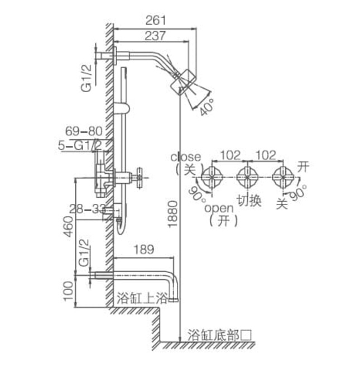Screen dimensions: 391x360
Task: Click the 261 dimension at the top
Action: click(156, 21)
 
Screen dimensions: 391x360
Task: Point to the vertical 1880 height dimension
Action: click(172, 213)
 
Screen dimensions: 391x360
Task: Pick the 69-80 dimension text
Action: click(84, 131)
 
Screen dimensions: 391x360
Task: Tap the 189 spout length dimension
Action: click(144, 250)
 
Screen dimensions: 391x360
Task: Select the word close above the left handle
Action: click(185, 157)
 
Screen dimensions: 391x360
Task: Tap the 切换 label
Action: click(247, 201)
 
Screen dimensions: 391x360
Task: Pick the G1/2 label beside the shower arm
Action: click(87, 79)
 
